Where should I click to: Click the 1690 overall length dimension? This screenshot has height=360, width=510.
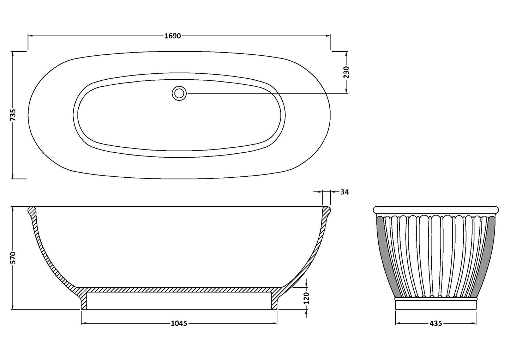[173, 36]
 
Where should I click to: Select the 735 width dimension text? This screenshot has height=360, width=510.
[13, 115]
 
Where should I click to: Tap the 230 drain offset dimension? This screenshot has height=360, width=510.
[346, 72]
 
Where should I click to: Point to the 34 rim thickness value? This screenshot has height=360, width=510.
[344, 192]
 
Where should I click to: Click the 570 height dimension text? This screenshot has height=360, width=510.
[13, 258]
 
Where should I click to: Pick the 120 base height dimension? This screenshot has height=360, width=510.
[306, 298]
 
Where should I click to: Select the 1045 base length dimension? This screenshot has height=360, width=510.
[179, 323]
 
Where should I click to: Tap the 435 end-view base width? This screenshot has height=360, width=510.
[436, 323]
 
